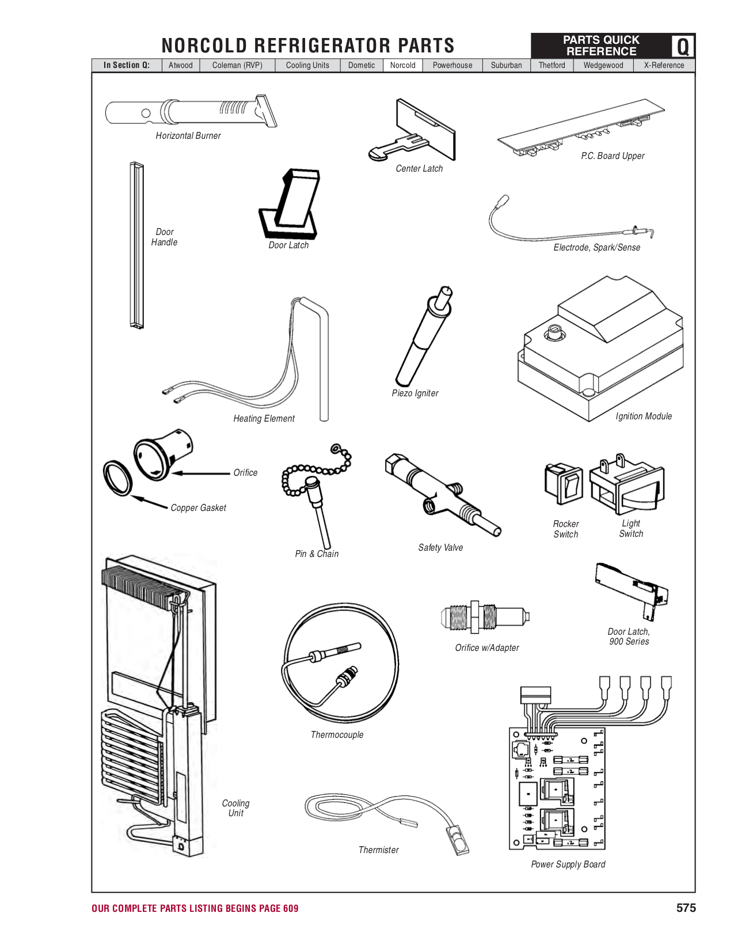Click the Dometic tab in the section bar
click(361, 65)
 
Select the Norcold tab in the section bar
click(402, 65)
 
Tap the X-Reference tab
click(664, 65)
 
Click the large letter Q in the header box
click(683, 46)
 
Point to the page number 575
click(686, 908)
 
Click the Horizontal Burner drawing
click(190, 111)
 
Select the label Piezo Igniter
click(414, 393)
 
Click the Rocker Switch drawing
click(564, 483)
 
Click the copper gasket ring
click(118, 478)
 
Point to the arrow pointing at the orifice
click(201, 473)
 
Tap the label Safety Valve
click(440, 547)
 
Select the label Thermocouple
click(337, 734)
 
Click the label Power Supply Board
click(568, 864)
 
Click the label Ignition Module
click(643, 416)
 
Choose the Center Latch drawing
click(414, 132)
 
